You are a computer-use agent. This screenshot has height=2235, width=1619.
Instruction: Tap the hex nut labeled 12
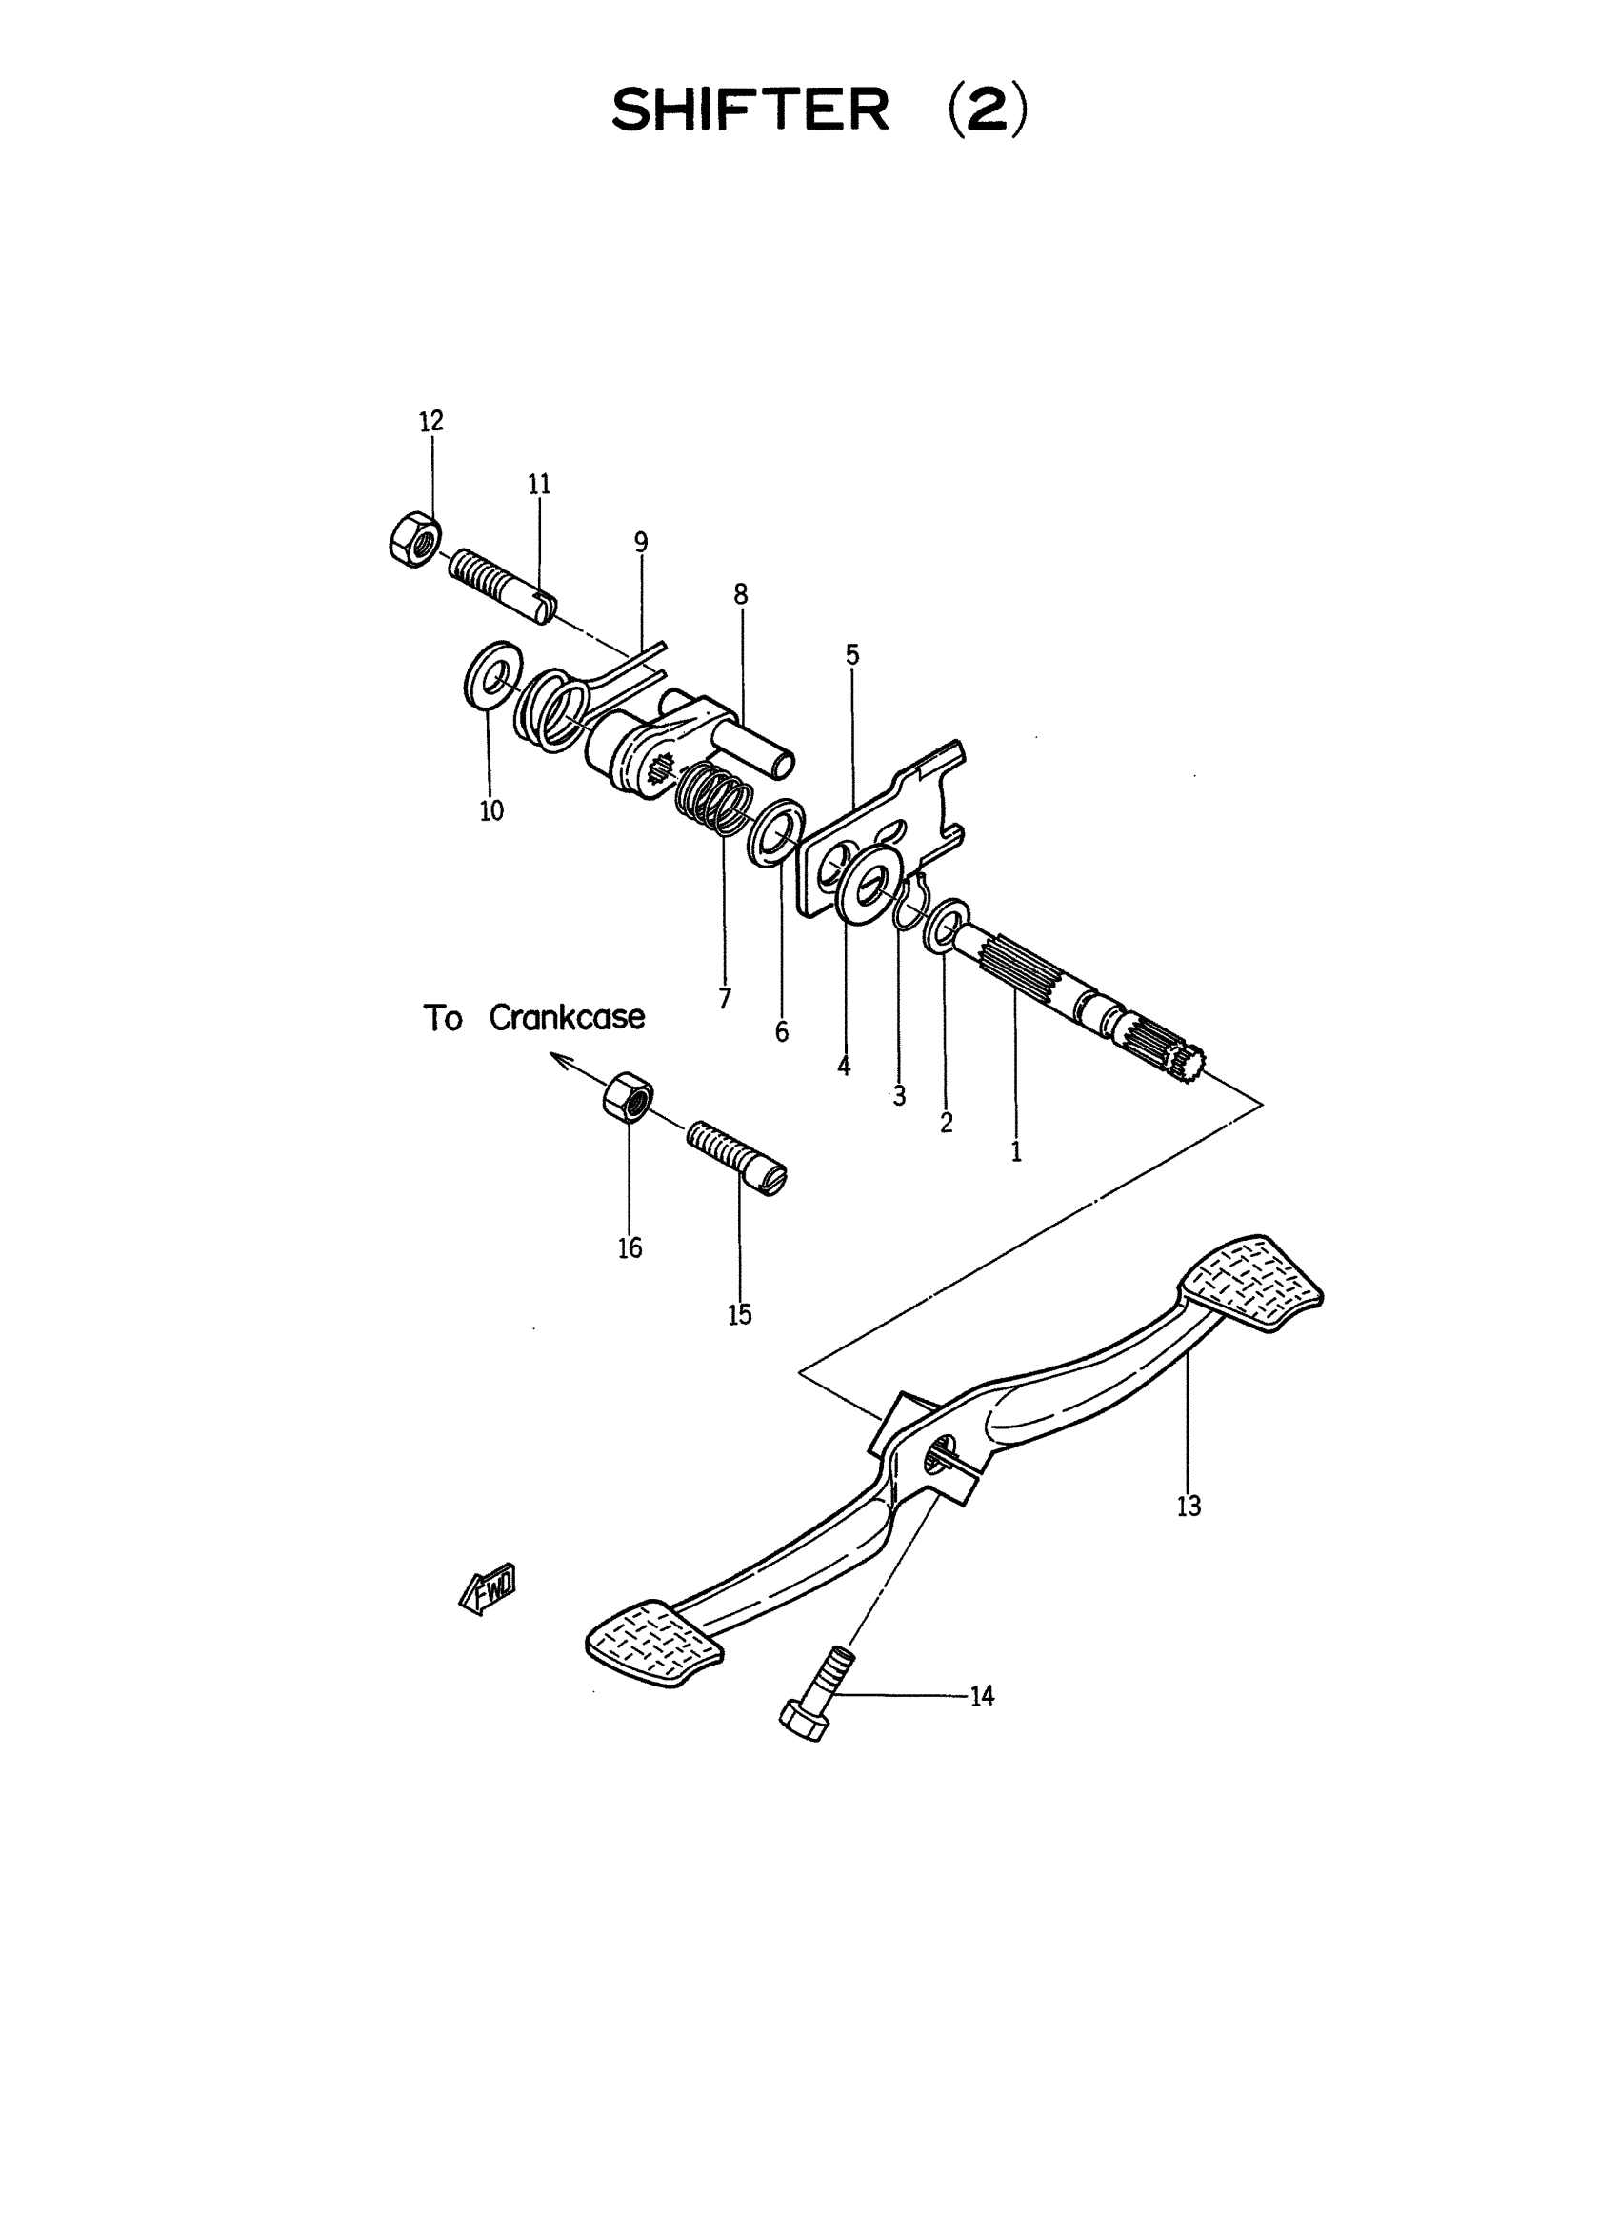(414, 539)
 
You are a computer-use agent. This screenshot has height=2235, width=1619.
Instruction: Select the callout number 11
(539, 484)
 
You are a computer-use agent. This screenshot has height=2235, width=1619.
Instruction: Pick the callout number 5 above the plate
(852, 654)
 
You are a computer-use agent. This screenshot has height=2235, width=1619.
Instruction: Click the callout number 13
(1189, 1506)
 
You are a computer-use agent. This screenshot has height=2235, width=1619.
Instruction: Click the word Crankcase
(567, 1017)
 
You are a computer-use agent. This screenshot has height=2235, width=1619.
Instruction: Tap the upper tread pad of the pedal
(1252, 1283)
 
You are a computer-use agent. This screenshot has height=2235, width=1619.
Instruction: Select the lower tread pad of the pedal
(654, 1643)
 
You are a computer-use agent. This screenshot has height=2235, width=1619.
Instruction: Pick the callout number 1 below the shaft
(1016, 1152)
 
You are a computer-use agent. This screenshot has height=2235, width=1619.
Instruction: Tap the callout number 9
(641, 542)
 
